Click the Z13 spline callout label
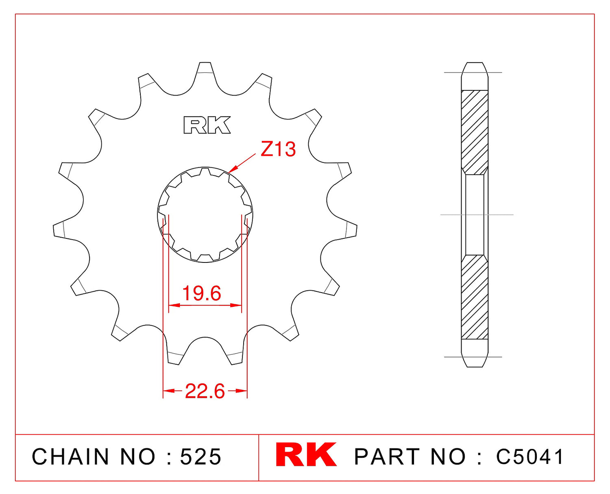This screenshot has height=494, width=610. tap(278, 149)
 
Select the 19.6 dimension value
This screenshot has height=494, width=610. tap(201, 293)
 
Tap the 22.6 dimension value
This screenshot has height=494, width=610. tap(205, 391)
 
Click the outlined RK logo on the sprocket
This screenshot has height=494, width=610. tap(207, 125)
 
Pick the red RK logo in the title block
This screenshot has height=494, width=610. tap(306, 455)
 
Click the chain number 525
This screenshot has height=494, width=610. tap(201, 457)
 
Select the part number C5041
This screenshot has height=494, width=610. tap(529, 457)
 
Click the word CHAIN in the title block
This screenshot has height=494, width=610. tap(70, 457)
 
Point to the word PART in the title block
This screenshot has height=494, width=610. tap(387, 457)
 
